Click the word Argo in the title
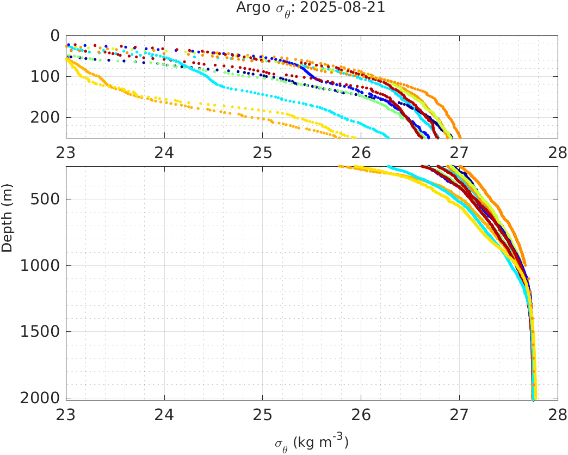tap(249, 8)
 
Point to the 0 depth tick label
tap(54, 35)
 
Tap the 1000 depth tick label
tap(41, 266)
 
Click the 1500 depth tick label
tap(41, 331)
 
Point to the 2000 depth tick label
tap(41, 397)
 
